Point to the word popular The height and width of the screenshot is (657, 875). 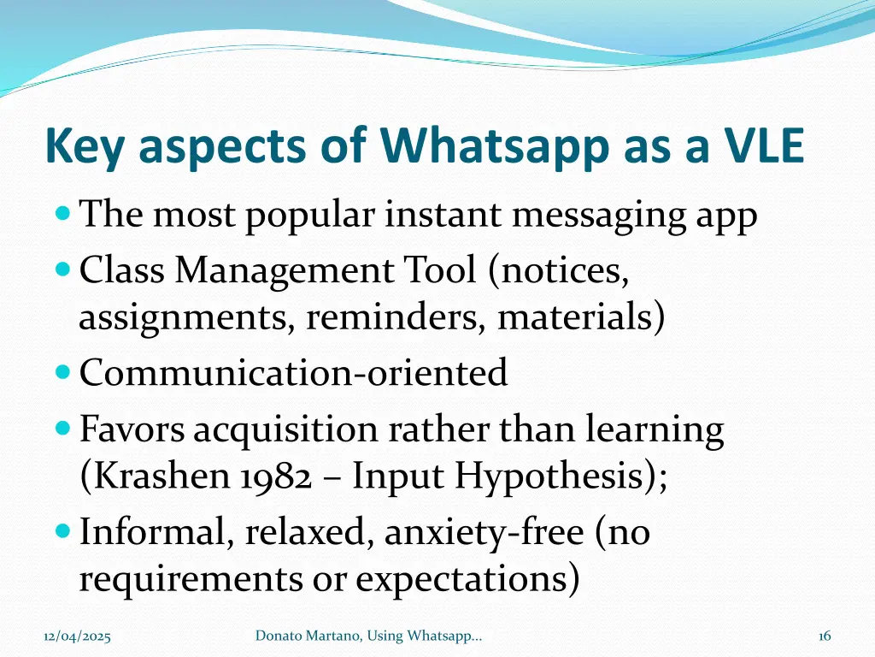[x=310, y=216]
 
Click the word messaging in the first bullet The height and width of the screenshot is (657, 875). [x=599, y=216]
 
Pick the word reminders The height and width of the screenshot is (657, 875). [x=397, y=318]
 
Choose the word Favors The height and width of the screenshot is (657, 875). [x=132, y=429]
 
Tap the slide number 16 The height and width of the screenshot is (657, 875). [x=825, y=636]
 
